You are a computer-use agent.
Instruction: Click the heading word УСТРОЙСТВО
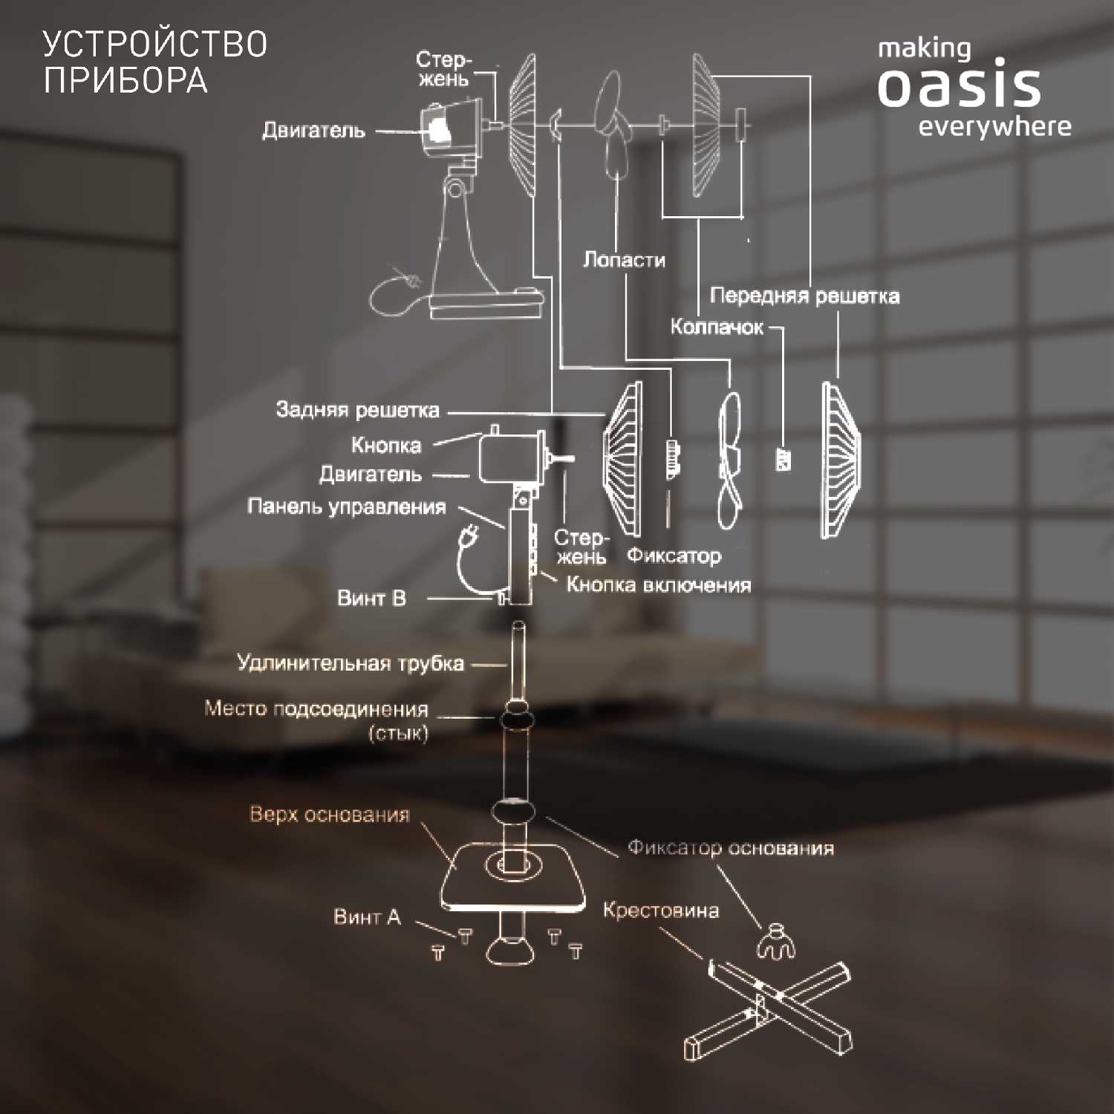(155, 45)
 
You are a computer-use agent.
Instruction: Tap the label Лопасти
(624, 260)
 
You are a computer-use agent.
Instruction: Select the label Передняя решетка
(804, 296)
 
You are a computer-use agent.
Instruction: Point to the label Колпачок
(717, 327)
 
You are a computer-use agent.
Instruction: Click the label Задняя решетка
(357, 409)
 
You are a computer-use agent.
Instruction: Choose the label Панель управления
(347, 506)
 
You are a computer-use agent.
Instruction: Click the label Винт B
(371, 598)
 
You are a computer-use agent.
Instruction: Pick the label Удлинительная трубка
(351, 663)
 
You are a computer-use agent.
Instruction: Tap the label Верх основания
(330, 815)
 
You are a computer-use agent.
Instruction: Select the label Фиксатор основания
(731, 848)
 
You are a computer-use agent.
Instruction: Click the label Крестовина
(661, 911)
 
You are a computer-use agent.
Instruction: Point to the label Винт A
(367, 917)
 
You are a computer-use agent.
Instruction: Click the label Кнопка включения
(659, 585)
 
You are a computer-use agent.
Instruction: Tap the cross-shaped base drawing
(768, 1009)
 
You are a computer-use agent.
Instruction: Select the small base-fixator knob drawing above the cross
(775, 942)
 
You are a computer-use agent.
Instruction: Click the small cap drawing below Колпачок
(783, 459)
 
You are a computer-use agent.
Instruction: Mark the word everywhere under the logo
(994, 127)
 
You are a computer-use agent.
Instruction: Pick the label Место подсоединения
(316, 709)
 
